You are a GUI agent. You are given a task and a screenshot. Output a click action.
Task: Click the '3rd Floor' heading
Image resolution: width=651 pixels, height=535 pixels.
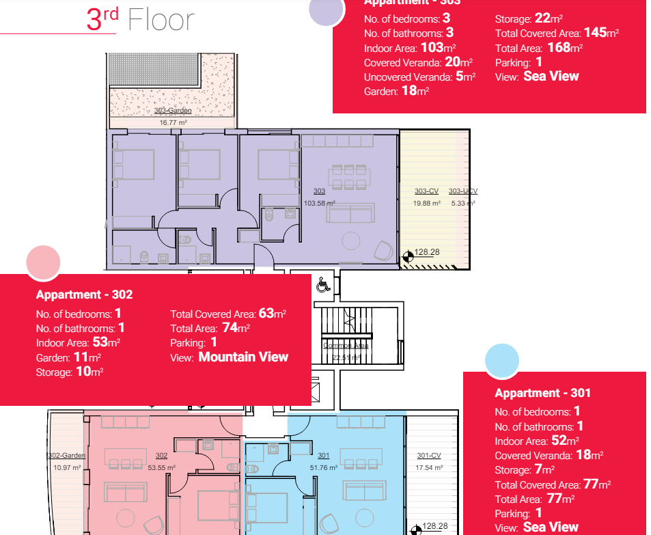(x=140, y=20)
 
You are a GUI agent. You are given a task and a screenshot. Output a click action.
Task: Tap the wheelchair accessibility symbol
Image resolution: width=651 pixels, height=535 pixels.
(x=324, y=284)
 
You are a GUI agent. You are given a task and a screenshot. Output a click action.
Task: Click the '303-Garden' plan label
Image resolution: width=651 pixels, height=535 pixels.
(x=172, y=110)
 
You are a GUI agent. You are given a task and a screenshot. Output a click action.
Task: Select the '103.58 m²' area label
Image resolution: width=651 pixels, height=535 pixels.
(x=320, y=203)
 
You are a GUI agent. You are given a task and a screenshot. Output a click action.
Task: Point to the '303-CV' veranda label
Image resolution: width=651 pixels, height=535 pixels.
(x=426, y=191)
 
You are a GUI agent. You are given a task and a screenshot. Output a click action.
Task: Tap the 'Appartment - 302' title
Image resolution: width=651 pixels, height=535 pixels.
(x=84, y=294)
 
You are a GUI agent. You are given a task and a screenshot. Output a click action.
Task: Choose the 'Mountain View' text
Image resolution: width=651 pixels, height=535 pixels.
(x=243, y=357)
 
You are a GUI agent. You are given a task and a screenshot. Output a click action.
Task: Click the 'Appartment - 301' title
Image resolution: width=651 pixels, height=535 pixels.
(x=542, y=393)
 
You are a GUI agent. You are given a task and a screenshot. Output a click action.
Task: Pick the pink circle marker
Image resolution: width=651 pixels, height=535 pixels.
(x=43, y=263)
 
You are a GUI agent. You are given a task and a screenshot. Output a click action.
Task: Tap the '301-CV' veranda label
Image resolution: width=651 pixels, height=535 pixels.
(x=429, y=456)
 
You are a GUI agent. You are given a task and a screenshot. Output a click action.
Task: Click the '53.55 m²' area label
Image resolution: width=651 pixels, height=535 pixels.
(x=161, y=467)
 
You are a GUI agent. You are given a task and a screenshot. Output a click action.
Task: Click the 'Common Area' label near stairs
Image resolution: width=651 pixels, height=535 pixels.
(x=346, y=346)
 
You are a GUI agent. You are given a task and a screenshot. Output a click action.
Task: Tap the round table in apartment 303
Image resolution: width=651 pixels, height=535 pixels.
(x=352, y=241)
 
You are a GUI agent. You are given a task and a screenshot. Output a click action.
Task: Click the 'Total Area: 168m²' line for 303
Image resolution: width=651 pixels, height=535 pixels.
(x=538, y=48)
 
